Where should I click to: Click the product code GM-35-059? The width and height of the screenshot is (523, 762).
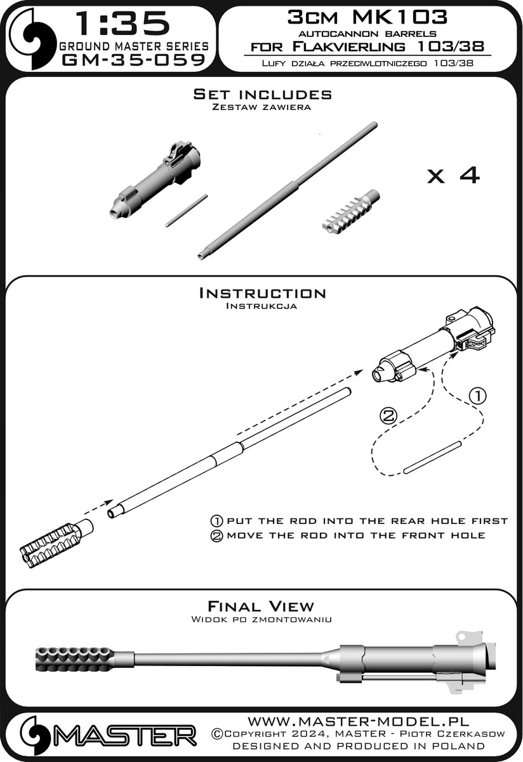click(x=134, y=60)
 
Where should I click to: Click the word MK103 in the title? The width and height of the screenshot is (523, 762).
click(x=400, y=17)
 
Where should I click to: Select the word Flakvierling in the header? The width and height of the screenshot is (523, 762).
click(x=348, y=46)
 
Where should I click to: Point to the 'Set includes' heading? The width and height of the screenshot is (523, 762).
click(x=262, y=94)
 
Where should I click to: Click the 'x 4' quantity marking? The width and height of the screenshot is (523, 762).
click(x=453, y=175)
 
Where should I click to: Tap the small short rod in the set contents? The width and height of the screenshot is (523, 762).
click(x=187, y=210)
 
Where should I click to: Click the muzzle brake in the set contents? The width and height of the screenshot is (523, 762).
click(x=350, y=211)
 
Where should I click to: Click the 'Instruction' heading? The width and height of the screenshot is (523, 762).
click(x=262, y=293)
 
